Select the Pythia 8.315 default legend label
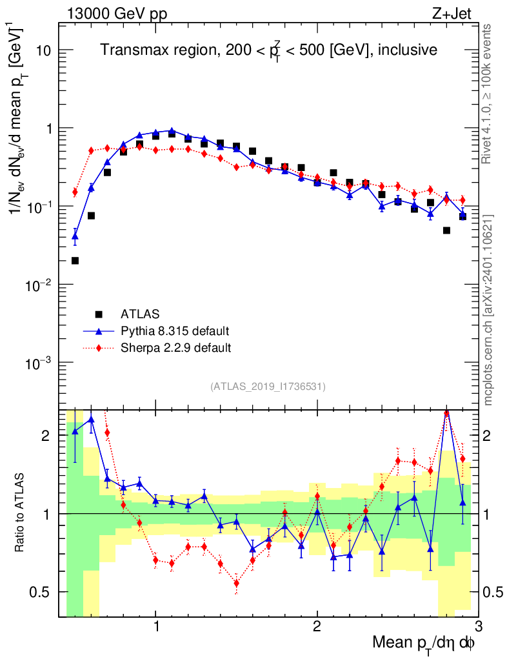[x=175, y=332]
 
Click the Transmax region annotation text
[x=269, y=50]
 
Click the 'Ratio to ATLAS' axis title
[x=22, y=513]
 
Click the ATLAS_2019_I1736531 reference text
[x=268, y=387]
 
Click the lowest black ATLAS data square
[x=75, y=261]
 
